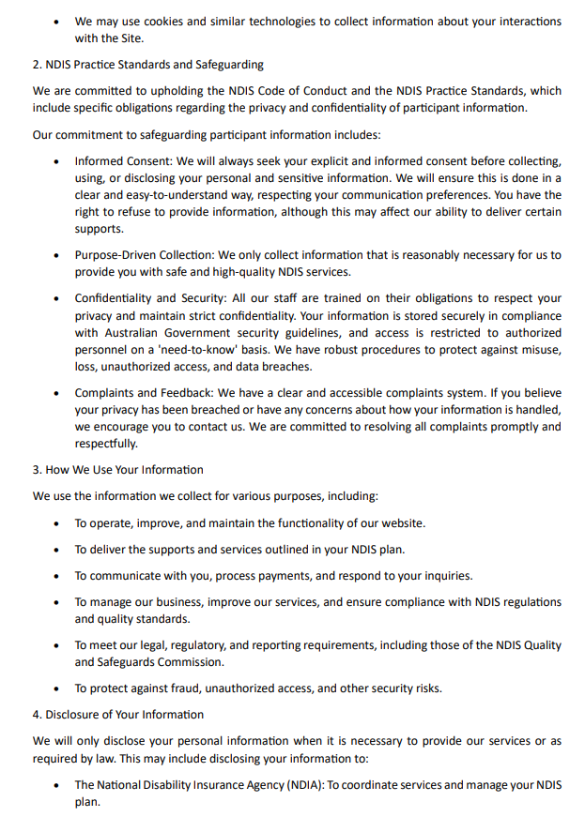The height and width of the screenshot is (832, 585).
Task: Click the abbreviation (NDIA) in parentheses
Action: coord(299,784)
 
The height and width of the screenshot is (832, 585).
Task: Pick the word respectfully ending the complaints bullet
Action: coord(106,445)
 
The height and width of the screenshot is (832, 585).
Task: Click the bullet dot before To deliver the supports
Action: coord(57,550)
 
